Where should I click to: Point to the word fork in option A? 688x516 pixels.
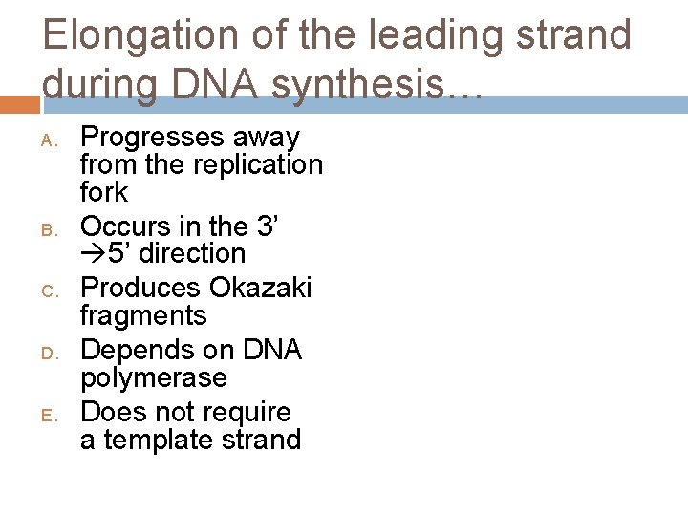coord(103,192)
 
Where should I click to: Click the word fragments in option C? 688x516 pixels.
coord(143,315)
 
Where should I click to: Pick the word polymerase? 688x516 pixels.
coord(154,377)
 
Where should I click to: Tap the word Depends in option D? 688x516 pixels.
coord(137,350)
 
